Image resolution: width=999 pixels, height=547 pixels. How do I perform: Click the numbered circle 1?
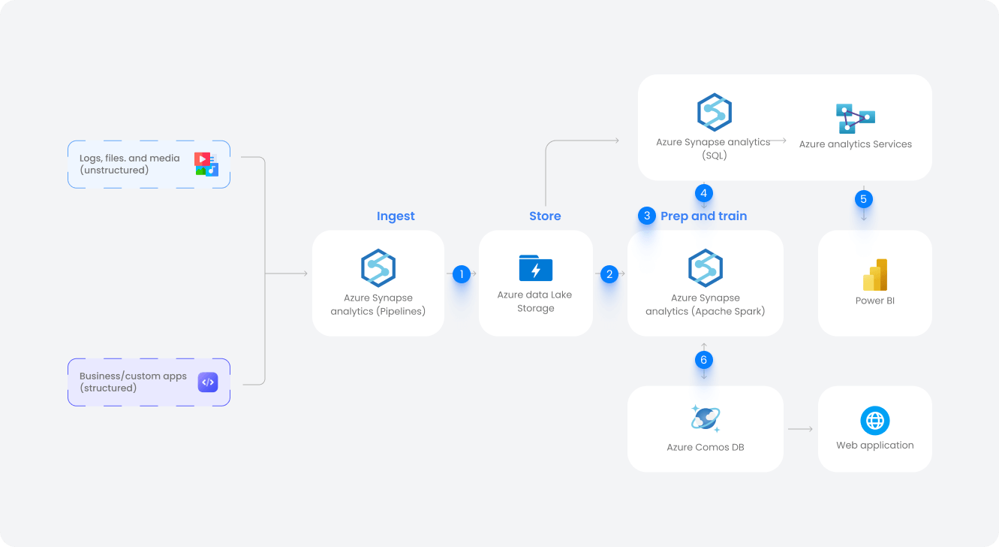461,274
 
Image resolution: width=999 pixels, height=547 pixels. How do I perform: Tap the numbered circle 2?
609,274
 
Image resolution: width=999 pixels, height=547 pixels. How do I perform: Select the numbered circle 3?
647,216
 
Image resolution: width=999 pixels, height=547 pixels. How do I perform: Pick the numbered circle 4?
703,192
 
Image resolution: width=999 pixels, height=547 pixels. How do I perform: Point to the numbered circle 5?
864,199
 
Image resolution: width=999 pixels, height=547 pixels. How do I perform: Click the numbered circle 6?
703,360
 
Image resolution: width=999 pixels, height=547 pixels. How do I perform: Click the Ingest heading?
396,216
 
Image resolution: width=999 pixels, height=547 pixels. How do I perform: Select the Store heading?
545,216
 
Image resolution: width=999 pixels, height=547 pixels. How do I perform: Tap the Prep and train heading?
703,216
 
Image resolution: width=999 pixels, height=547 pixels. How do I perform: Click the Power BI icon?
875,275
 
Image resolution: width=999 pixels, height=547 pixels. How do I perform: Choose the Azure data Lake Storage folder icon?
536,268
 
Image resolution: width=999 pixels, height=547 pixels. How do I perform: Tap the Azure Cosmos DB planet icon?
706,418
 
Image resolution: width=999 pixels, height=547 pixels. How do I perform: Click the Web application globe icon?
875,421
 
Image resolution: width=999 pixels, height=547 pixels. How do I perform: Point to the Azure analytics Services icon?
856,118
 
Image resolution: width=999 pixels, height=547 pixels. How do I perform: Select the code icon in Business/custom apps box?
207,382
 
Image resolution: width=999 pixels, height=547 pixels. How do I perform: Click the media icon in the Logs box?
206,164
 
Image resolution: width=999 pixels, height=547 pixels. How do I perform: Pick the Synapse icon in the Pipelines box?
378,267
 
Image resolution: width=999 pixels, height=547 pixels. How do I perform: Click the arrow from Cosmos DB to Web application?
801,429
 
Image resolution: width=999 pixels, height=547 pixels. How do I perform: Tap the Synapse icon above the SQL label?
714,112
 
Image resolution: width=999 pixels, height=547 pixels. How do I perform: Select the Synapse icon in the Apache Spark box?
706,267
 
